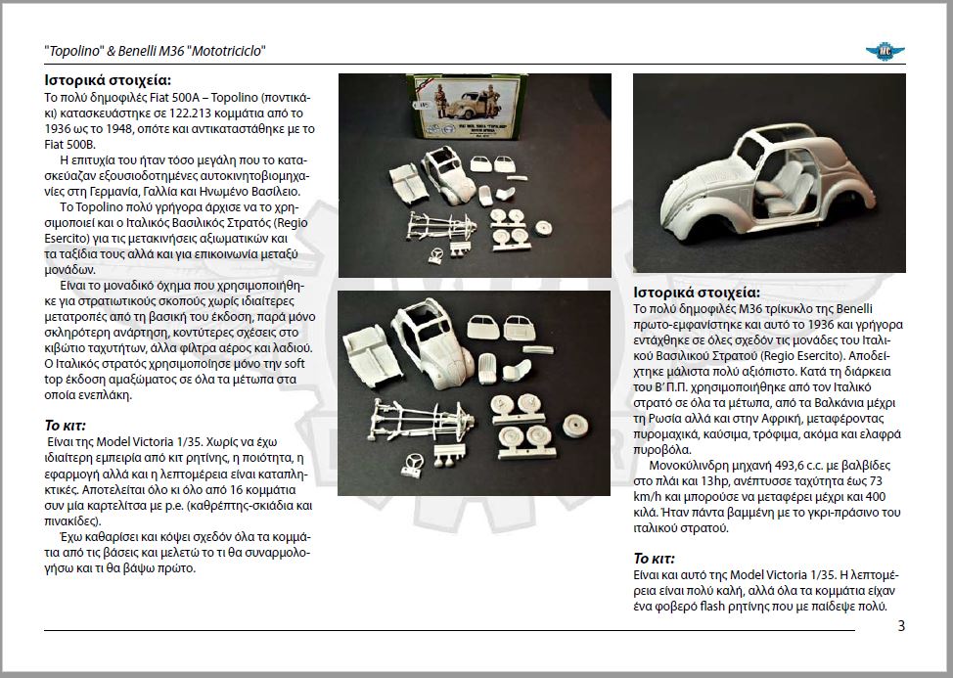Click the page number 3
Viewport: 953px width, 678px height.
click(x=901, y=626)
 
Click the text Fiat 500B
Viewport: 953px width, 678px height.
click(x=73, y=144)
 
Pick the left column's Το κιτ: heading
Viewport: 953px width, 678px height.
click(x=66, y=427)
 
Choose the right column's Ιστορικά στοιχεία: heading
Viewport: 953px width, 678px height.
click(x=696, y=293)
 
